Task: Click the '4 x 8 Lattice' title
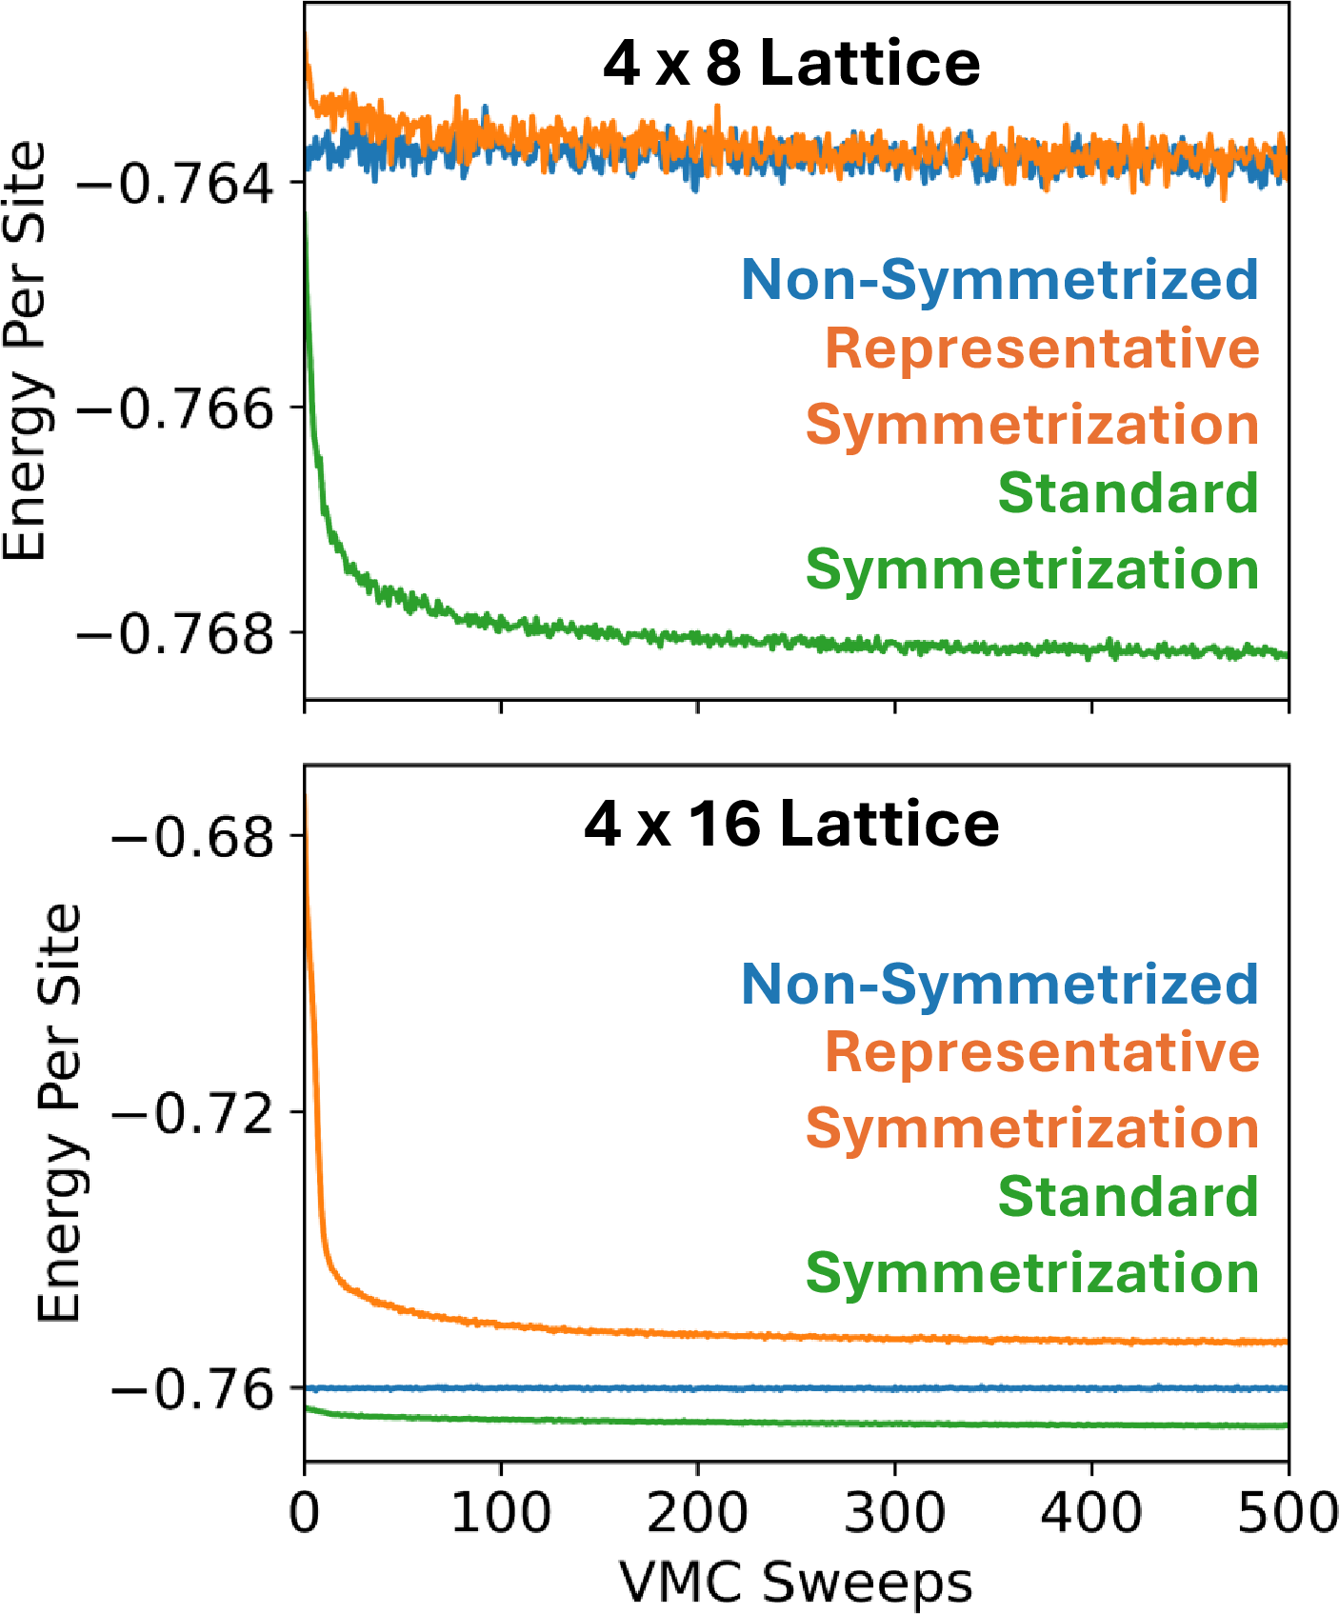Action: point(791,64)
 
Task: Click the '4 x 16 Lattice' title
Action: point(791,824)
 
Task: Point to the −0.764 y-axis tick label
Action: point(176,182)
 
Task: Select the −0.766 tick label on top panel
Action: point(176,408)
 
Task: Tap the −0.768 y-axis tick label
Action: point(176,632)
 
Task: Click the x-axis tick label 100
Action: point(501,1512)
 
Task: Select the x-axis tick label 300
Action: point(894,1512)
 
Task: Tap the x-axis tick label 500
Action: point(1288,1512)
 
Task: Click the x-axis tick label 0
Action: point(305,1512)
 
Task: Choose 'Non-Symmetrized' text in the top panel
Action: point(1000,279)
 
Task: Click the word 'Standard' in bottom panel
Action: point(1129,1196)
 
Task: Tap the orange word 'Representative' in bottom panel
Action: point(1042,1052)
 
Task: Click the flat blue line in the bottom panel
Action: point(762,1388)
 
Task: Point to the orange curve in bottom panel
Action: point(762,1336)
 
